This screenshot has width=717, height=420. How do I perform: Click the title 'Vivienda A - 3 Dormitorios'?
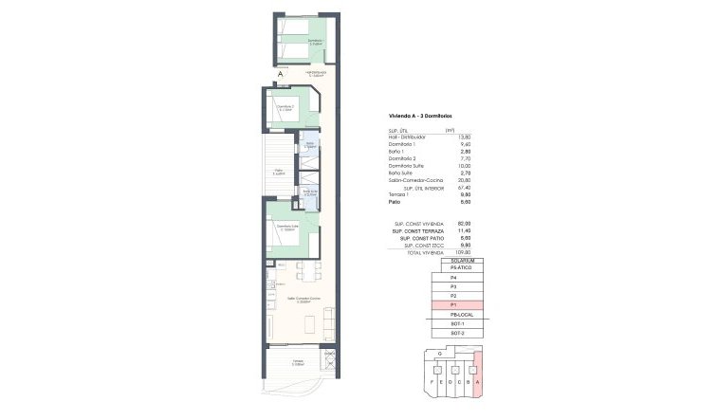coord(415,115)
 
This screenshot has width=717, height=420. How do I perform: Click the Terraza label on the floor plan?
coord(296,364)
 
